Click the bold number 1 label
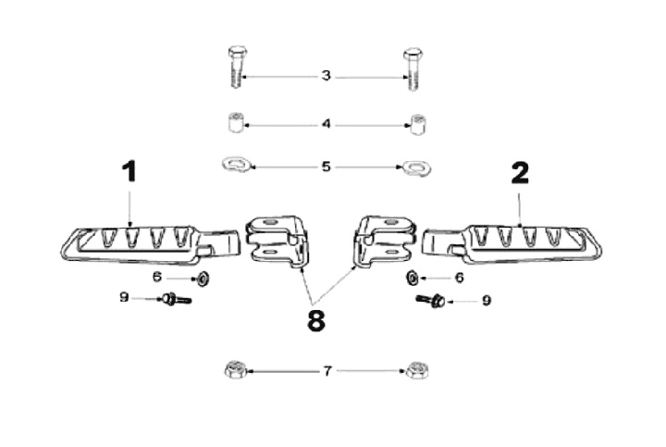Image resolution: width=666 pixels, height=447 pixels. (x=129, y=172)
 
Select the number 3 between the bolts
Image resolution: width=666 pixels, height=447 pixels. (x=326, y=76)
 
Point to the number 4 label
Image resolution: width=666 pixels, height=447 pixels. (x=326, y=123)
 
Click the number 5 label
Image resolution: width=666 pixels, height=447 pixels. (x=326, y=168)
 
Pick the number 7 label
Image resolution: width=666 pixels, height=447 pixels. (x=327, y=371)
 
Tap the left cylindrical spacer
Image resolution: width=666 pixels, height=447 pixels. (x=235, y=122)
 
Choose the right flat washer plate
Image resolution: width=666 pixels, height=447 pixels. (x=413, y=168)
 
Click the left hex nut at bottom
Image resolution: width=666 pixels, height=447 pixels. (x=235, y=371)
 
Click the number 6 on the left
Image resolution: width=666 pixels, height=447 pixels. (x=157, y=277)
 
